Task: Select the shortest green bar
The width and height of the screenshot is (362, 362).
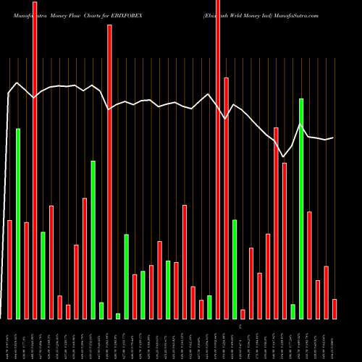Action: click(118, 316)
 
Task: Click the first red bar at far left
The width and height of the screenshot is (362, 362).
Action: click(9, 269)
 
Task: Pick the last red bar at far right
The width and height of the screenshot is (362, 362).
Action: click(334, 308)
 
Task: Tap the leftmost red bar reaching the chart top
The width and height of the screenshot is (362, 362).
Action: click(35, 159)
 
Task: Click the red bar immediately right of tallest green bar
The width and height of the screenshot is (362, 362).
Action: click(310, 265)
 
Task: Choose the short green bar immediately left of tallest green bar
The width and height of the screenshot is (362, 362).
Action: click(293, 311)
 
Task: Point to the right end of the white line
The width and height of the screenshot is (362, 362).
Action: click(333, 138)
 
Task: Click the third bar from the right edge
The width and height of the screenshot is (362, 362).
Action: click(318, 299)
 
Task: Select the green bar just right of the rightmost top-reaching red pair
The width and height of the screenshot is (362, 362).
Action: click(235, 269)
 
